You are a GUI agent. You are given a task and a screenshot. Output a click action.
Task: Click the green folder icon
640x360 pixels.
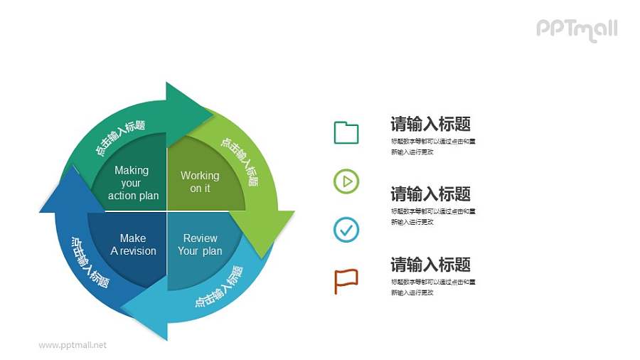coord(346,133)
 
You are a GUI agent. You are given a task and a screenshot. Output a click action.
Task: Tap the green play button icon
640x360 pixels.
coord(346,182)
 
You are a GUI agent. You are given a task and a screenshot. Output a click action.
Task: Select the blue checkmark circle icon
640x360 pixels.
coord(346,230)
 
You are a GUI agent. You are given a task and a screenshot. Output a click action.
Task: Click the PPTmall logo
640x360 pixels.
coord(577,29)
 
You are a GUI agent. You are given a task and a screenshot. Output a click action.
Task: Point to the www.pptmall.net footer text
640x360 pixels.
coord(73,345)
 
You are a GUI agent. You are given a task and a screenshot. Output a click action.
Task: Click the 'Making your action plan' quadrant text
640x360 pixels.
coord(132,183)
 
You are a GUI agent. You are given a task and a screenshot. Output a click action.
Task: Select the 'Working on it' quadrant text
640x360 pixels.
coord(200,181)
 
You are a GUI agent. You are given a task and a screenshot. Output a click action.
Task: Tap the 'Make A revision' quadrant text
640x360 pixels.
coord(133,244)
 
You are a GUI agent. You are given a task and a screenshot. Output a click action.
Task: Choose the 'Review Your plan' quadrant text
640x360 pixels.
coord(200,244)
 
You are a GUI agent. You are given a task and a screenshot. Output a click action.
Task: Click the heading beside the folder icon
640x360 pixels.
coord(430,124)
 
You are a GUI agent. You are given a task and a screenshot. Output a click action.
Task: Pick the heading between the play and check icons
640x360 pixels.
coord(430,194)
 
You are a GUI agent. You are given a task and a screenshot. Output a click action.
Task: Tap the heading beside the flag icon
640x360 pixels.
coord(430,265)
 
